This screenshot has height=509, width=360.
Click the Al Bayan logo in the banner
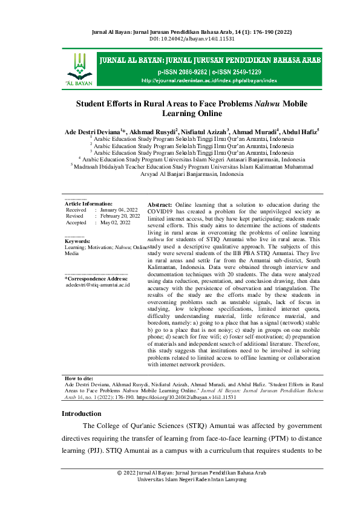pos(78,68)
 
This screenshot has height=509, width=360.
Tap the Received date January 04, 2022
pos(120,210)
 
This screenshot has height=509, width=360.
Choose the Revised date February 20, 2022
pos(120,216)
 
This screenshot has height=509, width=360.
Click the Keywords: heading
pos(77,241)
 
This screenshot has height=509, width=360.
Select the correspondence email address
pos(97,284)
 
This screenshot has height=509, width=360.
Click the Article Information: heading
pos(88,204)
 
